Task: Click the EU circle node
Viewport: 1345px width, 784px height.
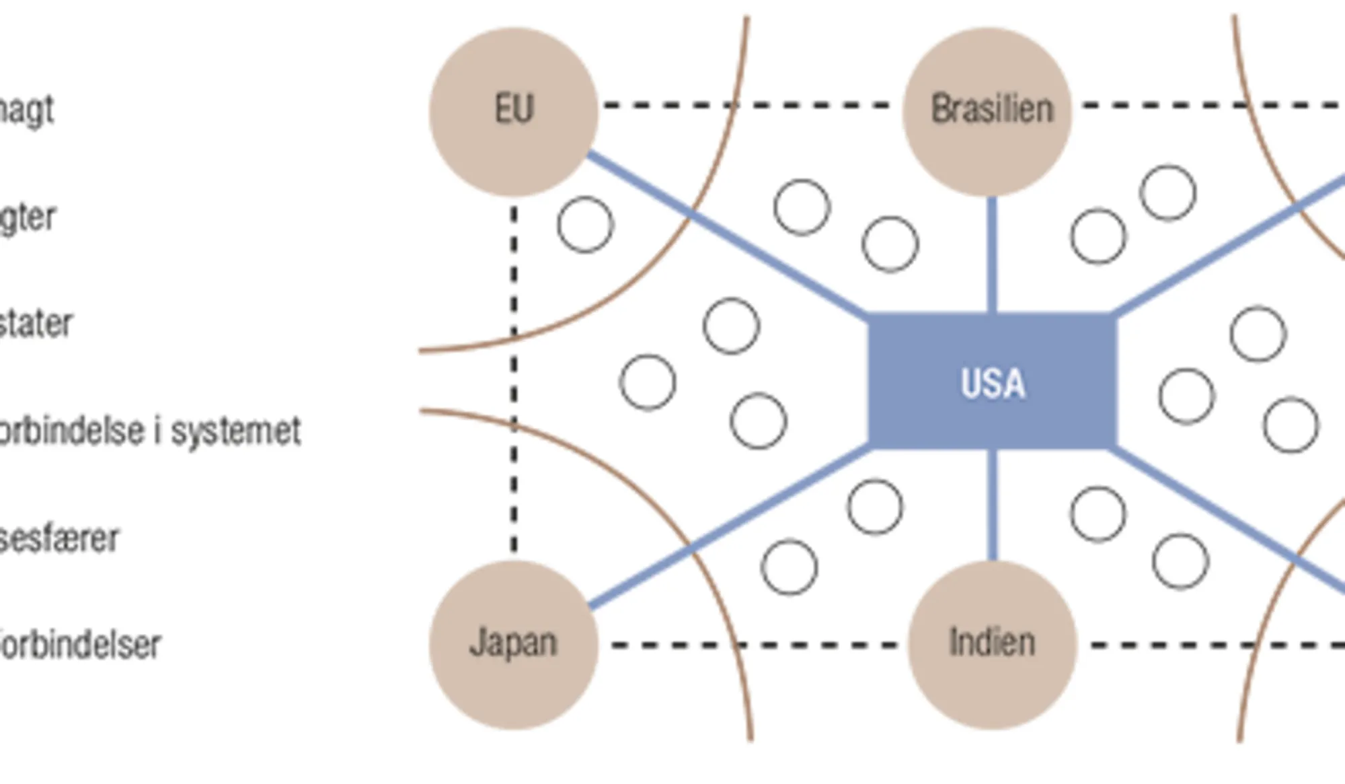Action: [514, 112]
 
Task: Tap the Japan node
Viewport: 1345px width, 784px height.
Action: [514, 644]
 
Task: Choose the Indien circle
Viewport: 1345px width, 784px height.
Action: [992, 644]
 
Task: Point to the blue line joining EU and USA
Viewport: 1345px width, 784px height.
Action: [726, 235]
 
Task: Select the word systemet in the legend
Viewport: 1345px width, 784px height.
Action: [235, 431]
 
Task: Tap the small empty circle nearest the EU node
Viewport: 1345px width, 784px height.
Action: [585, 225]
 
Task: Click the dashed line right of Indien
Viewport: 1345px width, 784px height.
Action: [1210, 645]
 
